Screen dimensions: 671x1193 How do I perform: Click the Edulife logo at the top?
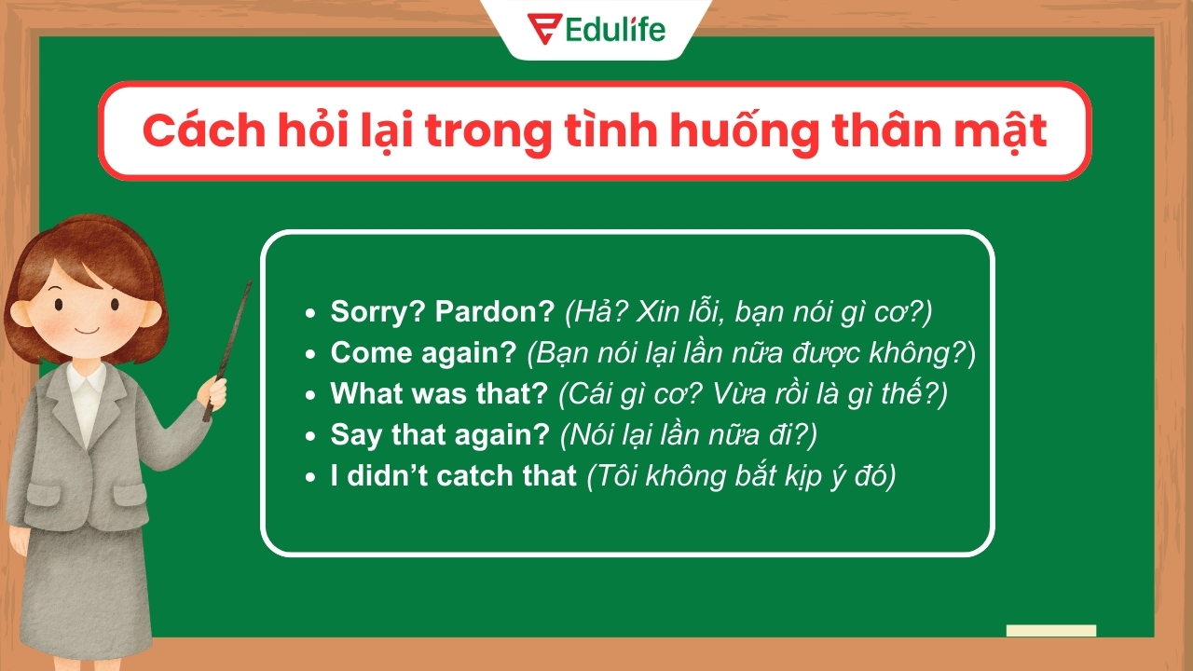point(596,29)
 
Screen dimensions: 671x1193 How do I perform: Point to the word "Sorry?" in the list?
point(378,312)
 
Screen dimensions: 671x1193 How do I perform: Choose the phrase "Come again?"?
point(423,353)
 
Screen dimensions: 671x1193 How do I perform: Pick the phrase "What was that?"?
point(439,394)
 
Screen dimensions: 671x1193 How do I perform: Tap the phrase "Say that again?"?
point(439,435)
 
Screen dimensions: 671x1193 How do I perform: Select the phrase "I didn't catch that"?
point(453,476)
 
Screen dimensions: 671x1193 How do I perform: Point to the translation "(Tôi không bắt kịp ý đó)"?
point(741,476)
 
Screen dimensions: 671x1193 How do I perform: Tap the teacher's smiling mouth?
point(85,330)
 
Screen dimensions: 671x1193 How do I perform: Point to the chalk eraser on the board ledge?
point(1050,631)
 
